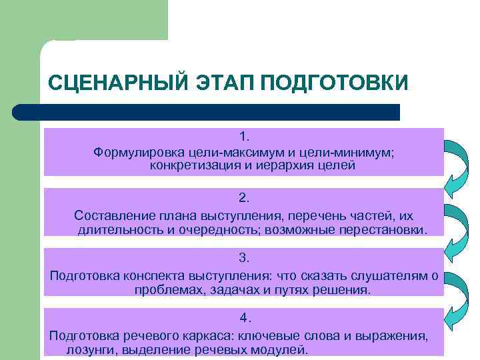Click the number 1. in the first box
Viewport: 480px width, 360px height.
pyautogui.click(x=244, y=137)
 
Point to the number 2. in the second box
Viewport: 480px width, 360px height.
pyautogui.click(x=244, y=197)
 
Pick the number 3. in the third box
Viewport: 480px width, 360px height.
pyautogui.click(x=244, y=257)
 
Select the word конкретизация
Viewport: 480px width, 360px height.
pyautogui.click(x=190, y=165)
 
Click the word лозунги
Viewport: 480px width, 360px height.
pyautogui.click(x=88, y=349)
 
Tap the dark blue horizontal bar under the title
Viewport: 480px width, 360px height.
pyautogui.click(x=207, y=112)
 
